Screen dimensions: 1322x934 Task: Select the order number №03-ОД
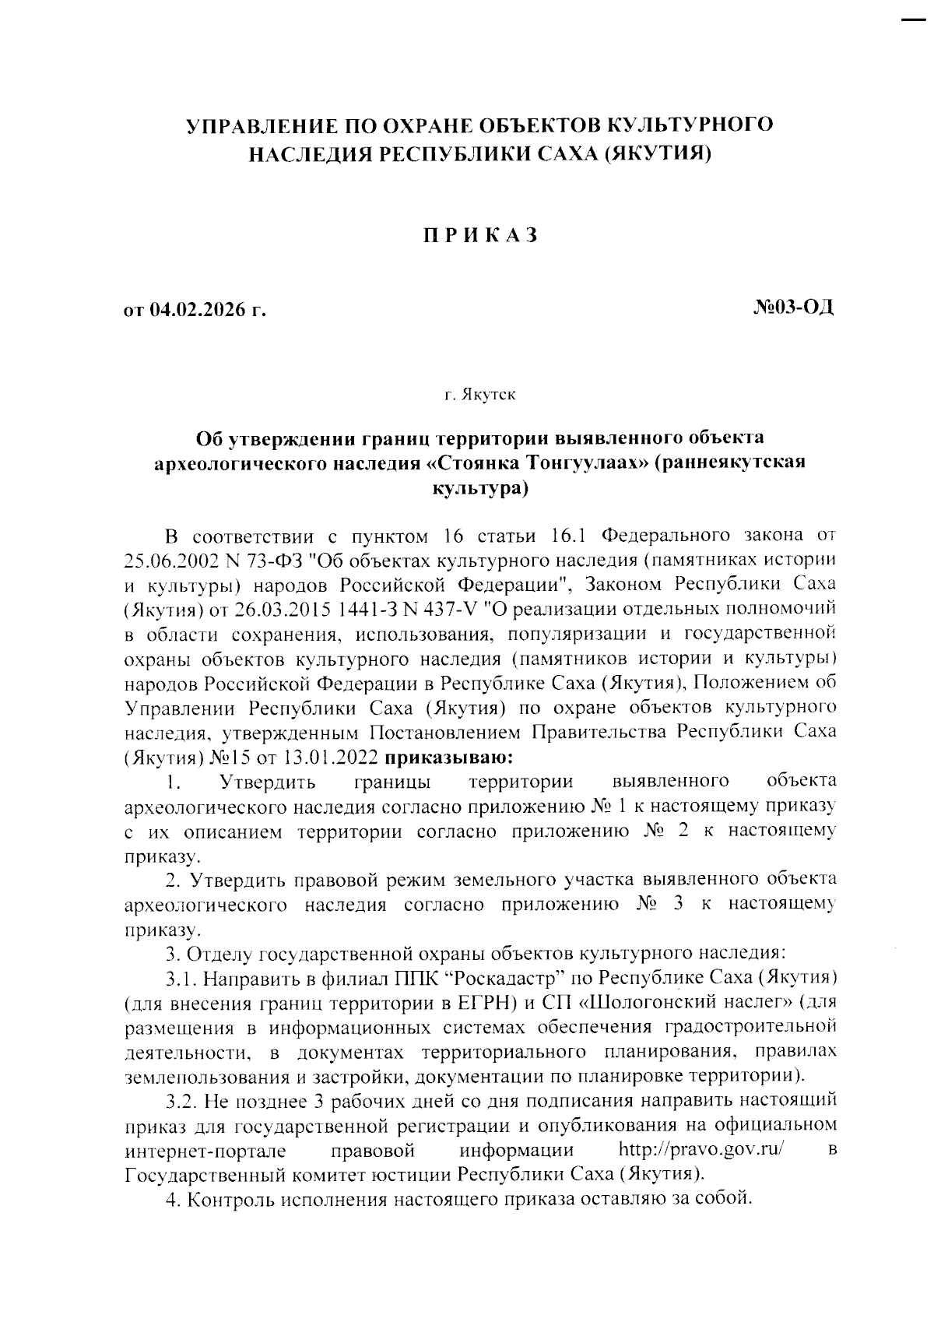793,308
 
